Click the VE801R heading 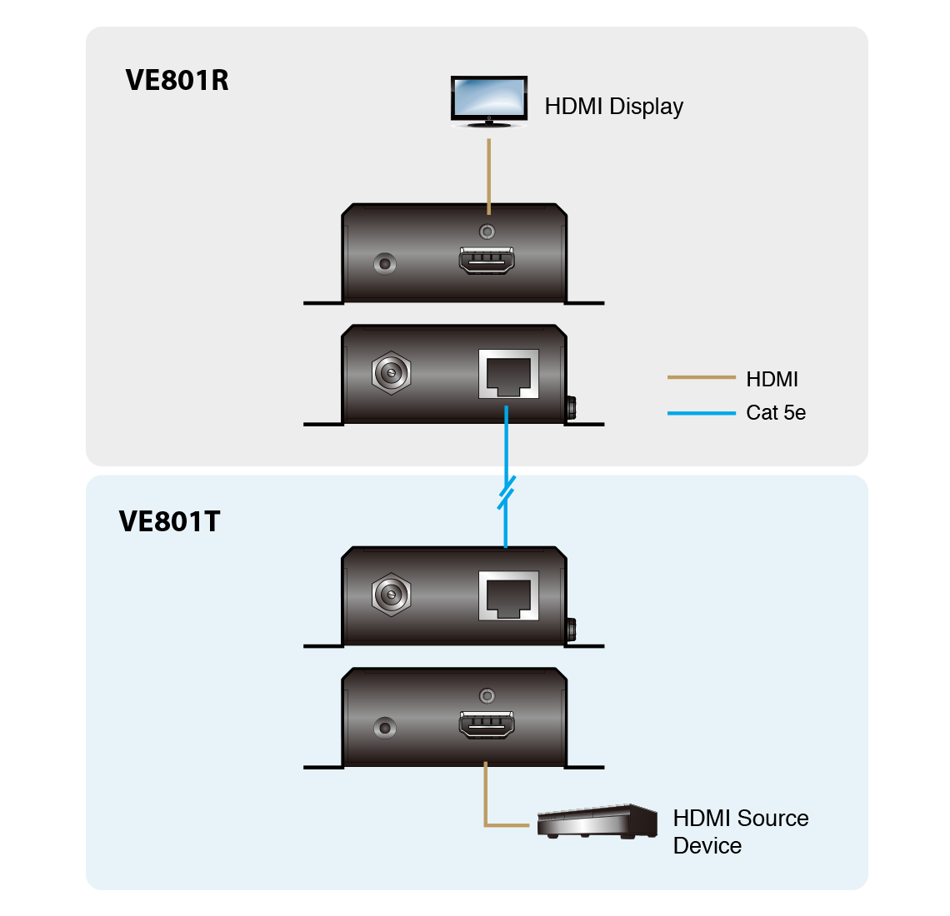tap(177, 80)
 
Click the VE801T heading tap(170, 521)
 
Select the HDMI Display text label tap(613, 107)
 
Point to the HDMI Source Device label tap(740, 831)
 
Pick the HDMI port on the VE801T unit tap(486, 724)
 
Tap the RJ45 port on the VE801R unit tap(508, 374)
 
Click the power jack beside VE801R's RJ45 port tap(391, 372)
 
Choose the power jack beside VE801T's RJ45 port tap(391, 595)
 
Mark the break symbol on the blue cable tap(506, 492)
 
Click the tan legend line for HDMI tap(701, 378)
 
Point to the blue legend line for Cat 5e tap(701, 412)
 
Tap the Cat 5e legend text tap(776, 413)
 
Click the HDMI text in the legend tap(772, 380)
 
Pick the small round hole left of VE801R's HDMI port tap(384, 264)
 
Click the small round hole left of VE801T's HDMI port tap(384, 727)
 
